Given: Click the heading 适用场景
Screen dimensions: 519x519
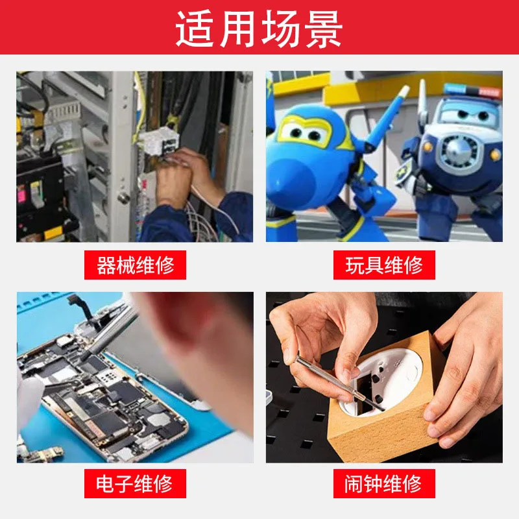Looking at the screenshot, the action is click(259, 29).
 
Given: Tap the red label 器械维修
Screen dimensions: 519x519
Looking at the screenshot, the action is click(135, 265).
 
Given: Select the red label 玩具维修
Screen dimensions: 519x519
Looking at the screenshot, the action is click(384, 265).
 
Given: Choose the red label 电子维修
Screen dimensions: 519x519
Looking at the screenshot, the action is click(135, 483).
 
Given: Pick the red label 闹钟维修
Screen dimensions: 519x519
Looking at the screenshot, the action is click(384, 483).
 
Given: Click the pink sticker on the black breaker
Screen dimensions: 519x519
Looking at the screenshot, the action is click(21, 193).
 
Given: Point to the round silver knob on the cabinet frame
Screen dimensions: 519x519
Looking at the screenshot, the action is click(124, 198).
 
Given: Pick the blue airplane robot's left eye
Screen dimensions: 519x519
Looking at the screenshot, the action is click(294, 132).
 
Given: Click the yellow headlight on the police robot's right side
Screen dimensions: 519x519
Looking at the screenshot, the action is click(495, 154).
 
